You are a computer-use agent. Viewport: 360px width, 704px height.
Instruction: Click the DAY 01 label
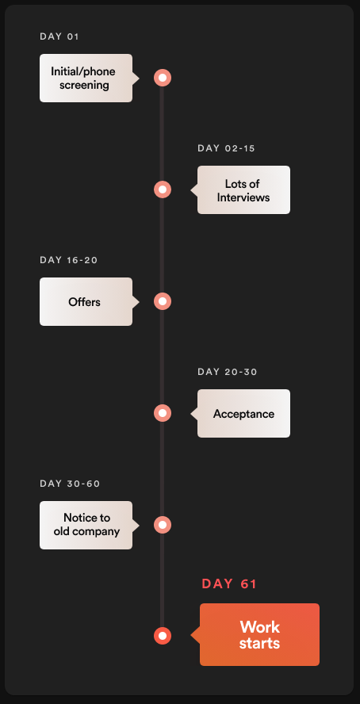click(59, 36)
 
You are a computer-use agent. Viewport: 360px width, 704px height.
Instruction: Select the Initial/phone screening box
click(86, 78)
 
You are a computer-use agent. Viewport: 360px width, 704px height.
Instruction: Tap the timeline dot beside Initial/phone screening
click(163, 78)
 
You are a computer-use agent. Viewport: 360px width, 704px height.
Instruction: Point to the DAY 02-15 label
click(226, 148)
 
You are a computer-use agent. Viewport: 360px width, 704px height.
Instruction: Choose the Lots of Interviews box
click(243, 190)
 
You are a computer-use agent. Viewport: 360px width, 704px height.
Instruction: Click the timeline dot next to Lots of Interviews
click(163, 189)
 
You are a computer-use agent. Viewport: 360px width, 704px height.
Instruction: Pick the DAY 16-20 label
click(69, 260)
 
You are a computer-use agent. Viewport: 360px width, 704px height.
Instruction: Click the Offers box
click(86, 302)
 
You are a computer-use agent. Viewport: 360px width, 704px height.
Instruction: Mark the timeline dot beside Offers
click(163, 301)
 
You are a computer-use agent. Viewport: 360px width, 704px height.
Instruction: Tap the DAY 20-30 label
click(228, 372)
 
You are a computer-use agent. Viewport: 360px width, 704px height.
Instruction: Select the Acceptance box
click(243, 414)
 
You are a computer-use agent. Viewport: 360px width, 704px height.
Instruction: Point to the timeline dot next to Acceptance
click(163, 413)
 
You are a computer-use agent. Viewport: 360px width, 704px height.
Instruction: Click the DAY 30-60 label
click(70, 484)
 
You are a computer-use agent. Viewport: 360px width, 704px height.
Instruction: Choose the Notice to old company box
click(86, 526)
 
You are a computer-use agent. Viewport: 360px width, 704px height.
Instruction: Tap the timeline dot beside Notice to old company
click(163, 525)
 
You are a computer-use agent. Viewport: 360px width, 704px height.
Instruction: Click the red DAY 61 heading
click(229, 583)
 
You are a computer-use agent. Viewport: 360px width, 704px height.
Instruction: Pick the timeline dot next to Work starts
click(163, 636)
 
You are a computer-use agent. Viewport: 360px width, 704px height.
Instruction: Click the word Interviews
click(243, 197)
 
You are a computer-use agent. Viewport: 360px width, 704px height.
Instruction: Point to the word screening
click(84, 86)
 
